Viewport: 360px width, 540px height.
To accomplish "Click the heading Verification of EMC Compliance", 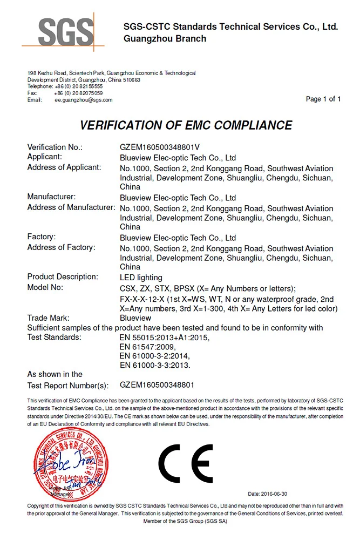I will (x=186, y=125).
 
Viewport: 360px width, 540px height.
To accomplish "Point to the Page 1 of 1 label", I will (x=323, y=99).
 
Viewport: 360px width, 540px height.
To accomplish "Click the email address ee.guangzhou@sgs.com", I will (x=83, y=100).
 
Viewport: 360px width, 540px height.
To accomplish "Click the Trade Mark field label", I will (x=49, y=318).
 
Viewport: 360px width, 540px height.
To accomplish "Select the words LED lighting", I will (x=141, y=278).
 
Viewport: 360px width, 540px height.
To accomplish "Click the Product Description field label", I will (x=63, y=277).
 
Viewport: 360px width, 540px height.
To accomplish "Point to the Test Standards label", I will (x=55, y=337).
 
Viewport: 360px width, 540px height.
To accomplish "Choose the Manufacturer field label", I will (x=51, y=197).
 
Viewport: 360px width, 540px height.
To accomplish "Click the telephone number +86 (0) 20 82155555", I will (x=78, y=86).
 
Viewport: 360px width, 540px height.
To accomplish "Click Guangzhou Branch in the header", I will (x=165, y=38).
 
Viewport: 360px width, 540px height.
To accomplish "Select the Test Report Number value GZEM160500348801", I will (x=157, y=385).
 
